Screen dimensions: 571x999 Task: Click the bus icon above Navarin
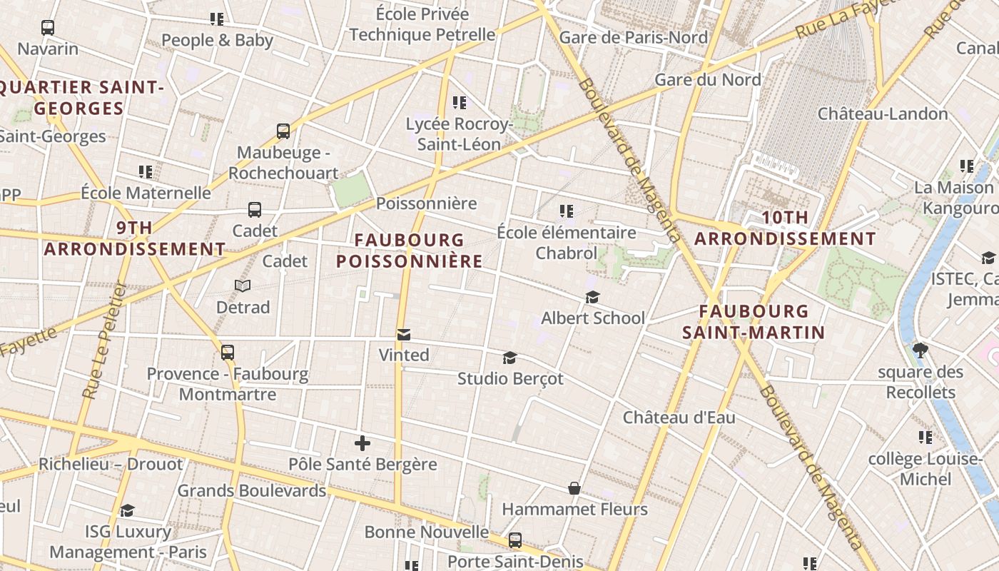pyautogui.click(x=48, y=28)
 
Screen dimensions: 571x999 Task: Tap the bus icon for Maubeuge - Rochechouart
pyautogui.click(x=283, y=131)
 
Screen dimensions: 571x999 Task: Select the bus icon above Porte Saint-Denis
pyautogui.click(x=515, y=540)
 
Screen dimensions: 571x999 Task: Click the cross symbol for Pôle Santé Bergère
pyautogui.click(x=362, y=443)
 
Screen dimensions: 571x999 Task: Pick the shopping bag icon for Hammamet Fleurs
pyautogui.click(x=574, y=488)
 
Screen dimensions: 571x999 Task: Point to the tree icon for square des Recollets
pyautogui.click(x=920, y=350)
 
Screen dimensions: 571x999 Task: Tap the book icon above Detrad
pyautogui.click(x=243, y=285)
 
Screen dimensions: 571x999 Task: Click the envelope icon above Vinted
pyautogui.click(x=404, y=334)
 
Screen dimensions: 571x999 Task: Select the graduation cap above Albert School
pyautogui.click(x=592, y=297)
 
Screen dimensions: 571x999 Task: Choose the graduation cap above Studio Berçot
pyautogui.click(x=509, y=358)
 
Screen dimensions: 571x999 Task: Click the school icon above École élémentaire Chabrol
pyautogui.click(x=567, y=211)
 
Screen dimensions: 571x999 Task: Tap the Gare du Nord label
pyautogui.click(x=708, y=79)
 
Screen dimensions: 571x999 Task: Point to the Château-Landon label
pyautogui.click(x=882, y=113)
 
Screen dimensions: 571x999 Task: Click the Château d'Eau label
pyautogui.click(x=679, y=418)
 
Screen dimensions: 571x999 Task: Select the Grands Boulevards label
pyautogui.click(x=251, y=490)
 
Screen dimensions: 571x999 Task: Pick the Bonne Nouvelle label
pyautogui.click(x=427, y=532)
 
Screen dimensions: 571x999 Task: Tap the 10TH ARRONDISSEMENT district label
pyautogui.click(x=785, y=228)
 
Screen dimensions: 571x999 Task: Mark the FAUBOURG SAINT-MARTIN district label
pyautogui.click(x=754, y=321)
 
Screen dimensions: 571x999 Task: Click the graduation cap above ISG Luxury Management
pyautogui.click(x=128, y=510)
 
